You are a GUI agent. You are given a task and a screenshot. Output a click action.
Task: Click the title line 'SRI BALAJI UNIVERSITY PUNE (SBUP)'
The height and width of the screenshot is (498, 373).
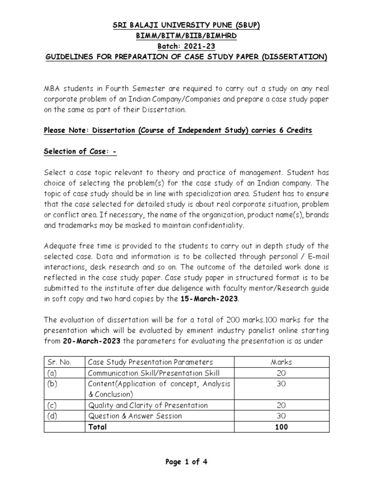click(x=186, y=26)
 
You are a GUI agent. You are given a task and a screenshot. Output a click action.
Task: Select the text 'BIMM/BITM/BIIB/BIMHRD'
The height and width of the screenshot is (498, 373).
click(x=186, y=36)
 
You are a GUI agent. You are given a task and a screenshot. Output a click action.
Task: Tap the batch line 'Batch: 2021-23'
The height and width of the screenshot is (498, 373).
click(x=186, y=47)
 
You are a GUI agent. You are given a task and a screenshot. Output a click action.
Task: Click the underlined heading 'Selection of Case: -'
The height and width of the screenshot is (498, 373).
click(x=81, y=152)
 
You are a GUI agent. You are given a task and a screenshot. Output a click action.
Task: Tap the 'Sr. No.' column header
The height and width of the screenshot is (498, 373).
click(x=59, y=362)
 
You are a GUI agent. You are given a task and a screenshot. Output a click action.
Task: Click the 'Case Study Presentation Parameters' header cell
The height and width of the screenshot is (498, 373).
click(x=151, y=362)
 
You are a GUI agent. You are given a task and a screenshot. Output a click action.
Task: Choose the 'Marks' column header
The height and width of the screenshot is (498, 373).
click(x=282, y=362)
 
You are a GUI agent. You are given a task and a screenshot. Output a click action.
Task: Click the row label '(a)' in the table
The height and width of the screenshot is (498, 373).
click(x=51, y=373)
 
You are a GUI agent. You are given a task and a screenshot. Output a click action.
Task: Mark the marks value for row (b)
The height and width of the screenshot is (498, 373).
click(x=282, y=384)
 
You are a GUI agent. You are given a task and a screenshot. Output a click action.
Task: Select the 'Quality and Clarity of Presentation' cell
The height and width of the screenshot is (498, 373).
click(x=148, y=406)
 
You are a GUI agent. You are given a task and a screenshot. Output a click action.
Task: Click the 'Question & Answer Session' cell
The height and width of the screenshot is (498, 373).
click(x=135, y=416)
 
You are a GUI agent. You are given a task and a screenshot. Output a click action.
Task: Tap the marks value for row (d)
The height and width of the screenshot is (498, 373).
click(x=282, y=416)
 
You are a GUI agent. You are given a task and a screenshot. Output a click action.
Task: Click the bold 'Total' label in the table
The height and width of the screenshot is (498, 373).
click(x=97, y=427)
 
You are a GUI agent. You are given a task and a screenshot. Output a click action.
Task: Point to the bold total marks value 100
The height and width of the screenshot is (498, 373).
click(x=282, y=427)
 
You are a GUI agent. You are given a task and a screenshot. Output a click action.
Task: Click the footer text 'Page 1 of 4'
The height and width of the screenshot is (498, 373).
click(x=186, y=462)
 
